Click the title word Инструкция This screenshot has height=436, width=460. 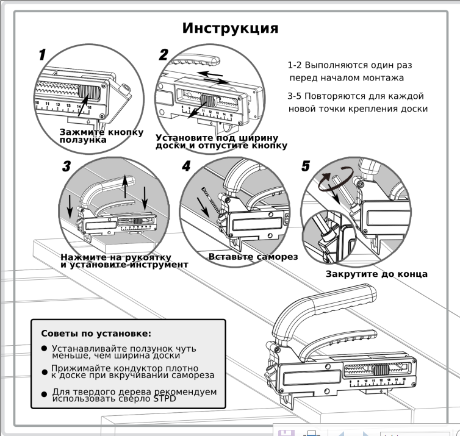click(x=230, y=29)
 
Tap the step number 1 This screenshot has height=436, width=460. click(x=43, y=55)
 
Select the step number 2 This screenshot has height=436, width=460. click(x=164, y=55)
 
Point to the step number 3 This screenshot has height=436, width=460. click(x=66, y=166)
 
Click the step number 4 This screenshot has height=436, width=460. click(x=186, y=166)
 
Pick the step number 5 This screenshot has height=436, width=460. click(x=306, y=166)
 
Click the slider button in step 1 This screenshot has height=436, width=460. click(x=89, y=92)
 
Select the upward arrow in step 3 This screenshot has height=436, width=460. click(x=125, y=187)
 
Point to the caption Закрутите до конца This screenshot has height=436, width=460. click(x=376, y=274)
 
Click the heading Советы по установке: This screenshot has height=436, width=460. click(x=96, y=334)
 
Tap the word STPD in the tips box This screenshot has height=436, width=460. click(x=165, y=398)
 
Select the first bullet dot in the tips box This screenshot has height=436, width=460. click(x=45, y=348)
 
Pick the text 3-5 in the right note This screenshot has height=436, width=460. click(x=294, y=96)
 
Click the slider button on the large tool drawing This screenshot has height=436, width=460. click(x=380, y=370)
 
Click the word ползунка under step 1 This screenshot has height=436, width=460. click(x=83, y=140)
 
